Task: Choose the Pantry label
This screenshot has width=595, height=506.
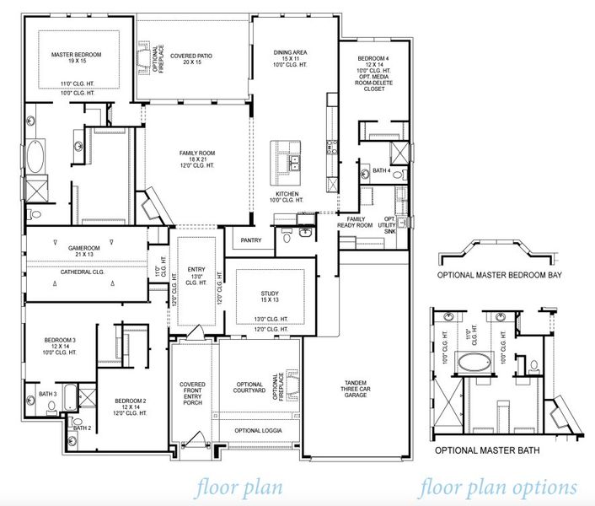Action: [x=251, y=240]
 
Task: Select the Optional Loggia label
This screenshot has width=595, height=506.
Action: [x=258, y=431]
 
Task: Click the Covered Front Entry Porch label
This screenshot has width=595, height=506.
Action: [x=193, y=393]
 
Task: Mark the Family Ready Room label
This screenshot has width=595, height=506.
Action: [x=355, y=222]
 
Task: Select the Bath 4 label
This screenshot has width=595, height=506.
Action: [x=381, y=171]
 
